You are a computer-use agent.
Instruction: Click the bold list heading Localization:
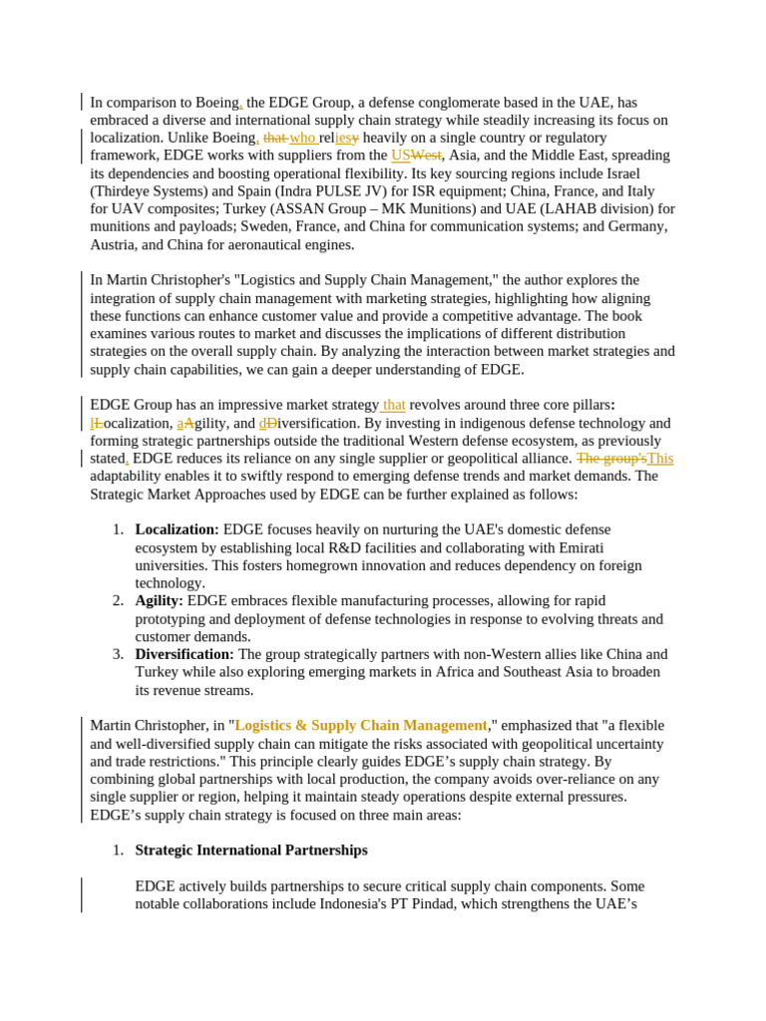point(177,529)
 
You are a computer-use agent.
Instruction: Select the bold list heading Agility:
point(159,601)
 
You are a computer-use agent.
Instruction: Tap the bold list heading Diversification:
point(185,654)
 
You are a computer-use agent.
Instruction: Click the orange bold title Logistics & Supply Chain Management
point(361,726)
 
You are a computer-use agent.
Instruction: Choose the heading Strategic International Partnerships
point(251,851)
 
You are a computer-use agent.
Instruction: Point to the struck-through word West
point(426,156)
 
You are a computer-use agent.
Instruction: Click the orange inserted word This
point(660,459)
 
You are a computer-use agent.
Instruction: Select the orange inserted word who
point(302,138)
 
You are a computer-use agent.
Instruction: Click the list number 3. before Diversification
point(118,654)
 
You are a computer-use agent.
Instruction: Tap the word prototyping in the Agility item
point(174,619)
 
